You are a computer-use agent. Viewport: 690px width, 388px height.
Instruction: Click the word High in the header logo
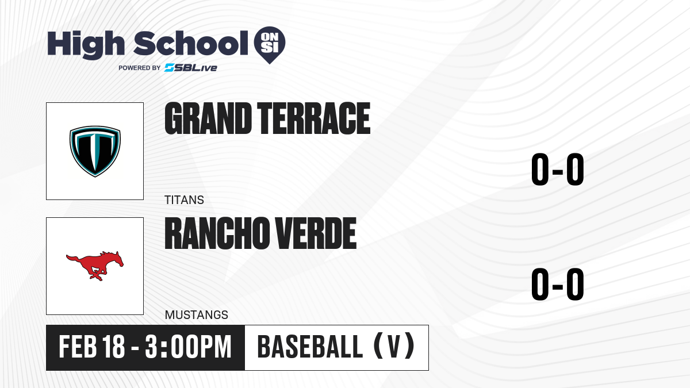[86, 45]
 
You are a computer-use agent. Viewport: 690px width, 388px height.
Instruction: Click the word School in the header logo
[191, 44]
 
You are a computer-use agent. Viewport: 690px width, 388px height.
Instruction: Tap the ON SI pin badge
[270, 45]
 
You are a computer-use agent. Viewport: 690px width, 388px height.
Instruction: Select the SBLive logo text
[191, 68]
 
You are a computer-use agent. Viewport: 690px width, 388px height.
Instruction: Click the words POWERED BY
[140, 68]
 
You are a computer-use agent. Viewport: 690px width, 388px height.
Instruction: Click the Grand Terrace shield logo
[95, 151]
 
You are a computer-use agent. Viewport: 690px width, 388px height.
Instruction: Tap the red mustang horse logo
[95, 266]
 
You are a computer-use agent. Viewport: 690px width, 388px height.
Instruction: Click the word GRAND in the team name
[208, 118]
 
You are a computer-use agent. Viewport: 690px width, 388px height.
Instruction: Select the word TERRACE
[314, 118]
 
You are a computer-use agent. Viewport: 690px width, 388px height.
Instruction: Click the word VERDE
[316, 233]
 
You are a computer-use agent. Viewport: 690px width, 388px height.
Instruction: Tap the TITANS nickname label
[184, 200]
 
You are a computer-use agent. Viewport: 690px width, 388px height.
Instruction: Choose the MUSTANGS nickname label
[197, 315]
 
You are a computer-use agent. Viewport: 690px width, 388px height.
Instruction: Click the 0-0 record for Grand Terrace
[558, 170]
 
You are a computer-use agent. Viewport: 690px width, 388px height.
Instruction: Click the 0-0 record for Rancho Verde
[558, 284]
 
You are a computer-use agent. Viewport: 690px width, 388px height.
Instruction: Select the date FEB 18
[92, 347]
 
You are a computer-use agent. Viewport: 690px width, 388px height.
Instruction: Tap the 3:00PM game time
[188, 347]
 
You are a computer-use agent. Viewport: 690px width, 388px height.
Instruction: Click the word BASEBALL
[310, 347]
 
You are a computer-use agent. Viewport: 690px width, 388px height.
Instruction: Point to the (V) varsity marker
[394, 346]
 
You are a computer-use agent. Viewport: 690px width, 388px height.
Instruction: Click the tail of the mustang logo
[72, 258]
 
